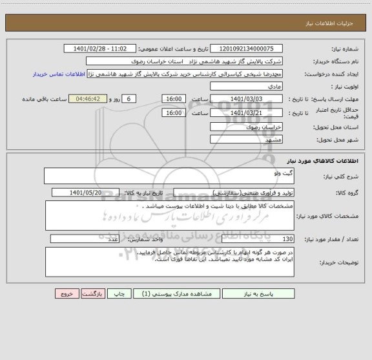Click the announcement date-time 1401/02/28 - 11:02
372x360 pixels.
101,49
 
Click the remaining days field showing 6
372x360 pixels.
129,98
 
